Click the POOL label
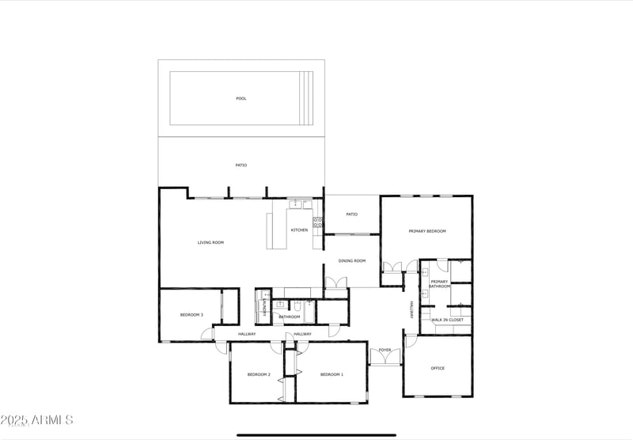point(241,99)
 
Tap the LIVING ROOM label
point(210,242)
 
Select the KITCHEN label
point(299,230)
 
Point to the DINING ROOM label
point(351,260)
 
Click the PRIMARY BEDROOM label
point(427,231)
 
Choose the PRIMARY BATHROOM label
point(439,283)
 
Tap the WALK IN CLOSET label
point(447,320)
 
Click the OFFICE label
point(438,368)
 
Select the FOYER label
point(385,349)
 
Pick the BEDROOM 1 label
point(332,374)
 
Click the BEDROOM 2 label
point(259,374)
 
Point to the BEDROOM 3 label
point(191,315)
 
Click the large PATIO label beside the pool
point(241,165)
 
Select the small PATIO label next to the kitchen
point(351,214)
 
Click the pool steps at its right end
point(306,98)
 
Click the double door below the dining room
point(336,283)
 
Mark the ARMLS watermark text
point(37,419)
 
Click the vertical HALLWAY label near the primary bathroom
point(411,310)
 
